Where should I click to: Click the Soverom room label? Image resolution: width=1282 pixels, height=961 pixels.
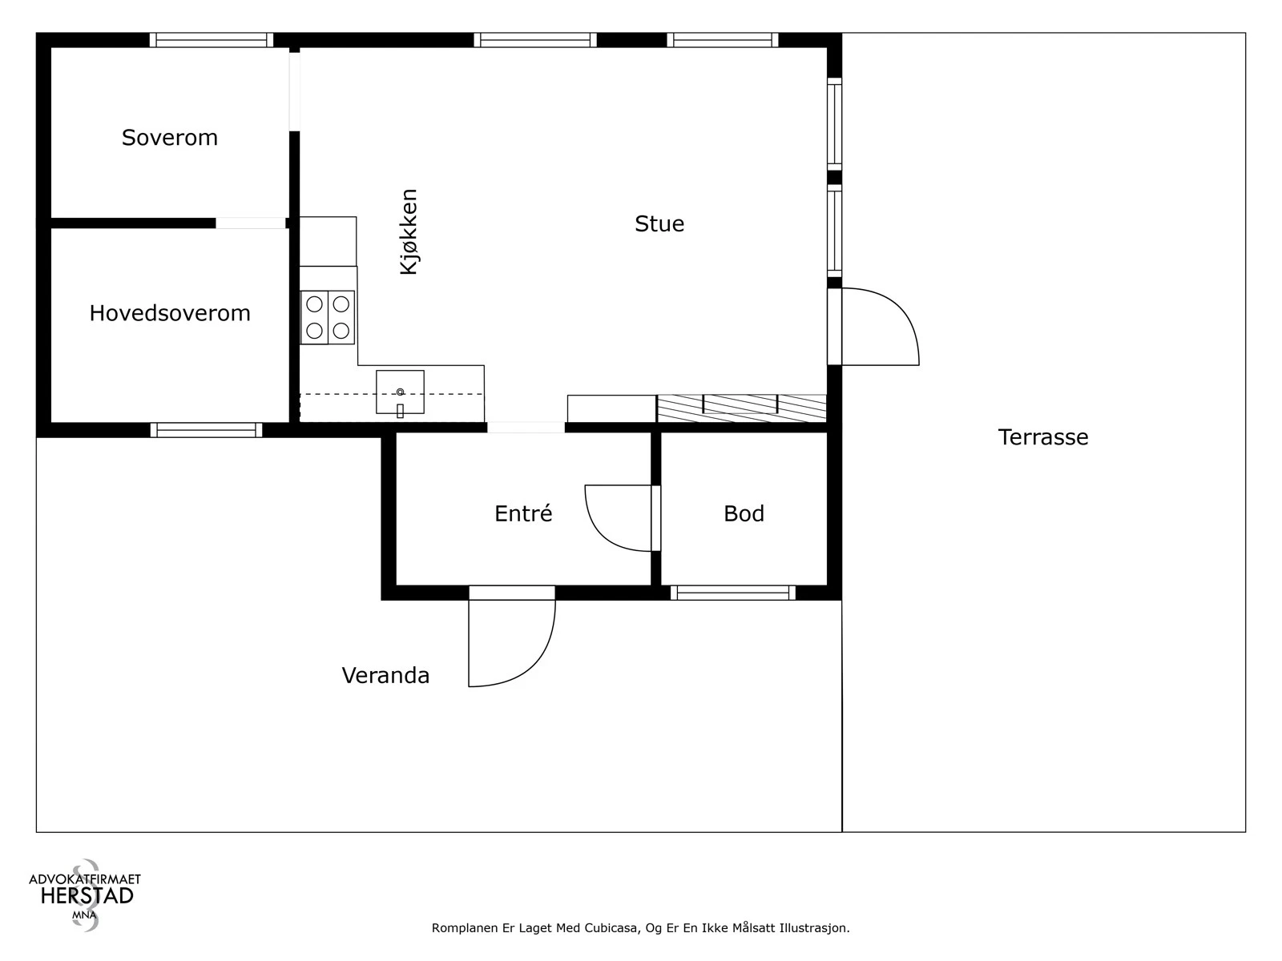pyautogui.click(x=169, y=138)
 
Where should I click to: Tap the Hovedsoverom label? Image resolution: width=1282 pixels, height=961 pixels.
pyautogui.click(x=170, y=313)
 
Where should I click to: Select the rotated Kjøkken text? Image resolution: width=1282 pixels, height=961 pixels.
pyautogui.click(x=409, y=231)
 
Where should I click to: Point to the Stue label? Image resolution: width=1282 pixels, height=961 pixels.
pyautogui.click(x=659, y=223)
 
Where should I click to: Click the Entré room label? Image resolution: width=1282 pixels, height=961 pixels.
pyautogui.click(x=523, y=513)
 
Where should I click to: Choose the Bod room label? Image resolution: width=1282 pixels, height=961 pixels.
pyautogui.click(x=744, y=513)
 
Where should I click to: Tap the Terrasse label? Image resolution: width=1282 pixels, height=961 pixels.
pyautogui.click(x=1043, y=437)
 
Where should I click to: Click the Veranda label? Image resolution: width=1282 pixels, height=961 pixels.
pyautogui.click(x=385, y=675)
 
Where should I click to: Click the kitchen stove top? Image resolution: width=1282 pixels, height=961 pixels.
pyautogui.click(x=328, y=317)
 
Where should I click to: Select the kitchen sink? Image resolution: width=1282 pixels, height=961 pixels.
pyautogui.click(x=400, y=392)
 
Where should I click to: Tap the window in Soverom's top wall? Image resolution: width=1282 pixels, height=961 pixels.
pyautogui.click(x=212, y=40)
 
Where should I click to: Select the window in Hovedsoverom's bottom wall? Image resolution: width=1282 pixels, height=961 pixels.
pyautogui.click(x=206, y=430)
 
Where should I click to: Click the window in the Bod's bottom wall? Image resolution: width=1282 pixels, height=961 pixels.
pyautogui.click(x=733, y=593)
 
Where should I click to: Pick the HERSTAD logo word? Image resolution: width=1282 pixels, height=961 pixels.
pyautogui.click(x=87, y=896)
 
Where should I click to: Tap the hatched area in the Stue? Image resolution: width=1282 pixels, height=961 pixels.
pyautogui.click(x=742, y=408)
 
